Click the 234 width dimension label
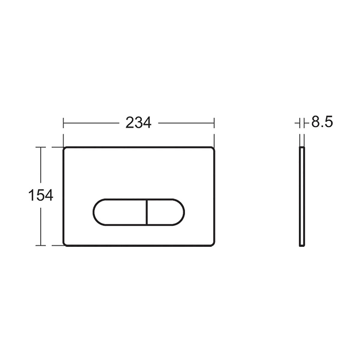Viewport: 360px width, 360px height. [x=138, y=123]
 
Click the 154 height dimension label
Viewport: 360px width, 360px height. [x=40, y=196]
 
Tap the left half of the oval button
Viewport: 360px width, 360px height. [x=120, y=211]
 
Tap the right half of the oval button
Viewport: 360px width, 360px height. [x=165, y=211]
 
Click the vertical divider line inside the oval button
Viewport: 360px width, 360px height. [x=146, y=211]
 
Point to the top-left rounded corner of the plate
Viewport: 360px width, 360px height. [x=65, y=149]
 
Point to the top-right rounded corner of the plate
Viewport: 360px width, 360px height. [x=213, y=149]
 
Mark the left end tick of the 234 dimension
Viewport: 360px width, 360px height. [x=63, y=123]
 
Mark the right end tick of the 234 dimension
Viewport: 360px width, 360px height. [x=214, y=123]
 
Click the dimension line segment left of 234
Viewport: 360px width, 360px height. [x=90, y=123]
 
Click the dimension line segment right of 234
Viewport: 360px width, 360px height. [x=186, y=123]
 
